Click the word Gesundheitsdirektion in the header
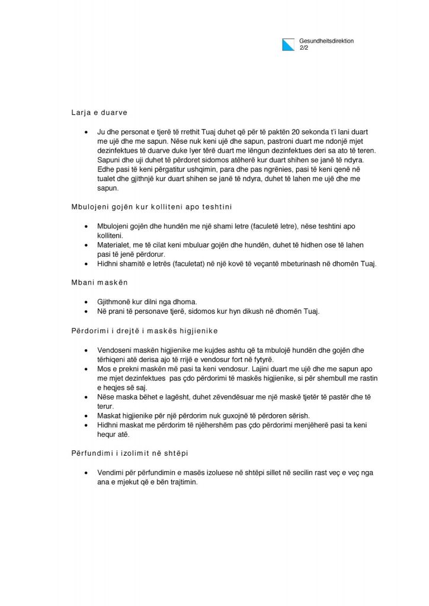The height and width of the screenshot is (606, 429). coord(327,41)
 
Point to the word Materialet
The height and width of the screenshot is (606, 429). coord(116,245)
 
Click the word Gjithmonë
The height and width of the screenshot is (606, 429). coord(116,301)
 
